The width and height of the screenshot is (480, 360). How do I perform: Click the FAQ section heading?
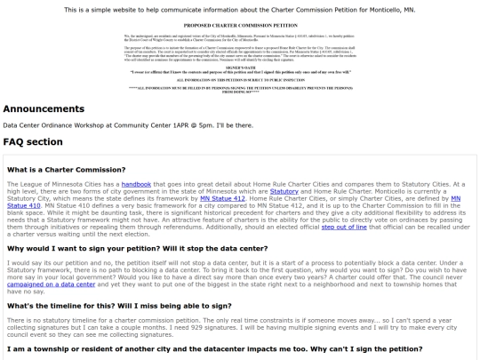coord(33,141)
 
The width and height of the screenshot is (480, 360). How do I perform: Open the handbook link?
coord(136,183)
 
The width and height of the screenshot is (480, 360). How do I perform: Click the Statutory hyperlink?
coord(284,190)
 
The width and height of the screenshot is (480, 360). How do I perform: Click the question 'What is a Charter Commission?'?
coord(66,169)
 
